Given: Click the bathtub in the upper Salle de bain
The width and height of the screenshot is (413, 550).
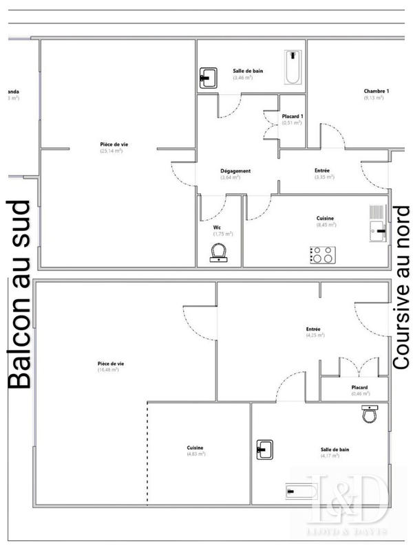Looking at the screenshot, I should point(293,67).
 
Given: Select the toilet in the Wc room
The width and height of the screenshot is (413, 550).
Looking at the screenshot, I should point(220,256).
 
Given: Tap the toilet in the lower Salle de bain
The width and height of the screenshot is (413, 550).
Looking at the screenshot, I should point(370,415).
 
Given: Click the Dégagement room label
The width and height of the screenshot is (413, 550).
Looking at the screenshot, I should point(235,171).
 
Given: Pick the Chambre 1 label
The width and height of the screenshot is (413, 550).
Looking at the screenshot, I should point(377,91).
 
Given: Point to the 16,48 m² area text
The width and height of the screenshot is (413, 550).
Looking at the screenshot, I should point(108,370).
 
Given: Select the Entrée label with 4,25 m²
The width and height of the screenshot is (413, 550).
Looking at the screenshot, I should point(314,329).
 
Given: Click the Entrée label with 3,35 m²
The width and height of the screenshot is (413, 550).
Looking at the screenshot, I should point(322,170).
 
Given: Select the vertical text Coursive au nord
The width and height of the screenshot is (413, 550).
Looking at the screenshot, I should point(401,289).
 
